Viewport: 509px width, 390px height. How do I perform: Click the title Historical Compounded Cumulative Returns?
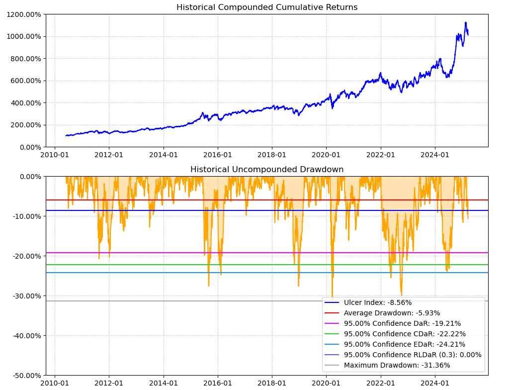pos(267,7)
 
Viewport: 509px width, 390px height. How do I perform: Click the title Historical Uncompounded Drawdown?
pos(267,170)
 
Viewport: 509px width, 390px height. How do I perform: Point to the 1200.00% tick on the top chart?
pos(24,14)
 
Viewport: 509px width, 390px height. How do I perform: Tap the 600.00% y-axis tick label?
pos(26,81)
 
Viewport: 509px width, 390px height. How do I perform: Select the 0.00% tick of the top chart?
pos(29,147)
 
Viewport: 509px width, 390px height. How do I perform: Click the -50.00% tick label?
pos(26,375)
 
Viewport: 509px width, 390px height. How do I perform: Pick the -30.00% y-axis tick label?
pos(26,295)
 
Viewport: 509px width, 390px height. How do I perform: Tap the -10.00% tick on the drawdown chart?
pos(26,216)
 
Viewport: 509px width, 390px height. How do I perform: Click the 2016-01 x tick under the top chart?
pos(217,155)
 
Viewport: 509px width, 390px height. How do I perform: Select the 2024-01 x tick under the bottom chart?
pos(435,383)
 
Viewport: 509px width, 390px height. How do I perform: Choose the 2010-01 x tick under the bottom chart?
pos(54,383)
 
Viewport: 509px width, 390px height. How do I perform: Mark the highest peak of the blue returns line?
pos(465,22)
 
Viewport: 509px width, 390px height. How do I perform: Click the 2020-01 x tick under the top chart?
pos(326,155)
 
